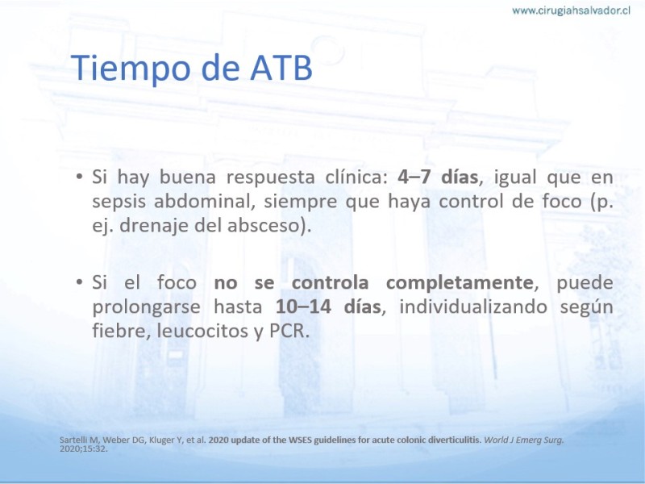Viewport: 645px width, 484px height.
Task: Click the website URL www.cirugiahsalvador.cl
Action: tap(571, 10)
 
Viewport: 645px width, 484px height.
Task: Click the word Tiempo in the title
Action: tap(131, 68)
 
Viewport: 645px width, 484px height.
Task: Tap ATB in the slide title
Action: tap(281, 67)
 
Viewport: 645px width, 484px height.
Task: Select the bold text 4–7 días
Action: tap(438, 177)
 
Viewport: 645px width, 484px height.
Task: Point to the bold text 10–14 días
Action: tap(328, 307)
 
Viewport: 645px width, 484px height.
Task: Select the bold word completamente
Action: tap(460, 283)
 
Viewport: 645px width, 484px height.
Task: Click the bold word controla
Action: tap(330, 283)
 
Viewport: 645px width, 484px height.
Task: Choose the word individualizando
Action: tap(473, 307)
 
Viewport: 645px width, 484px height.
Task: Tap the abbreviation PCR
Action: tap(289, 332)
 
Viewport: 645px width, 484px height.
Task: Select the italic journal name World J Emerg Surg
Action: tap(523, 440)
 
